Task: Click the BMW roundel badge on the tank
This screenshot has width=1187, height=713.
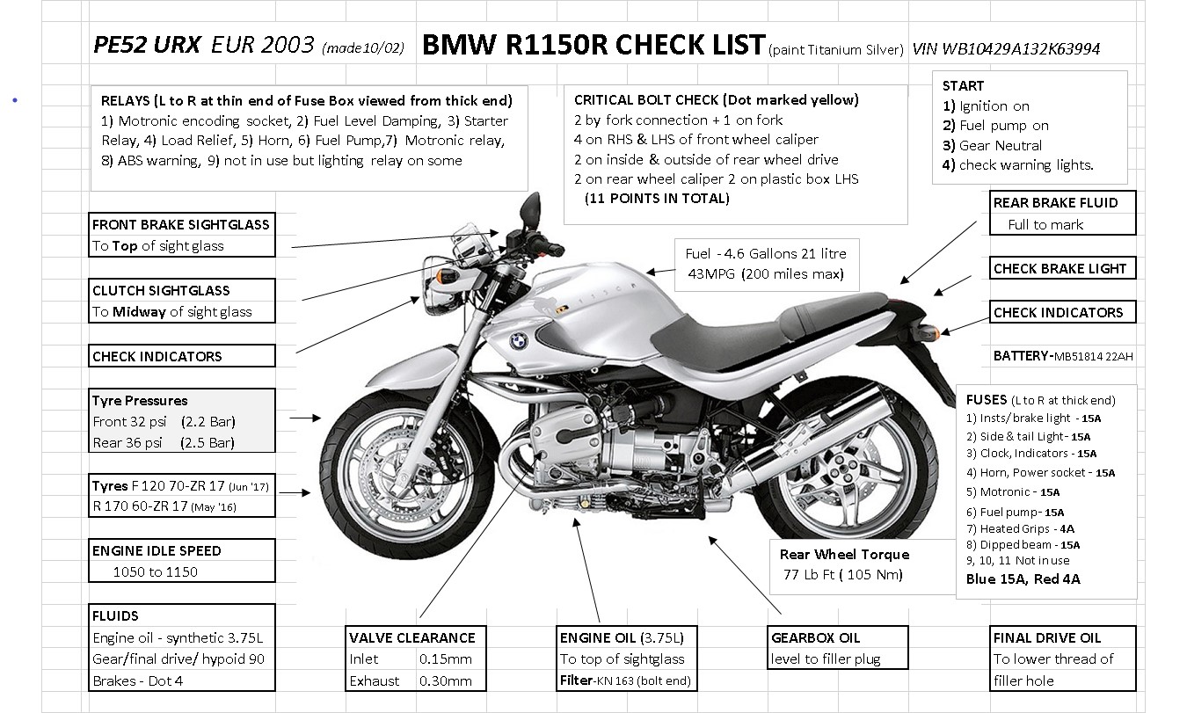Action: [519, 341]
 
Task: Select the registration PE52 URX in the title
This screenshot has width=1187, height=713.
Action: [147, 45]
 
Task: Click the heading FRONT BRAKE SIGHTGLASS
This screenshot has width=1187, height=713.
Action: [181, 224]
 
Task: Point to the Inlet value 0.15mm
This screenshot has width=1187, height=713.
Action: [445, 659]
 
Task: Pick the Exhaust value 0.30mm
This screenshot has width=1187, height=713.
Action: [445, 680]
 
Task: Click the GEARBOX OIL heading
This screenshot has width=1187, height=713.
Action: [816, 637]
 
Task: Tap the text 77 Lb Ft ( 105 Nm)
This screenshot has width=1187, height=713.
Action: [842, 575]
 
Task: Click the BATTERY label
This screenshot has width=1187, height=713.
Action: [1021, 356]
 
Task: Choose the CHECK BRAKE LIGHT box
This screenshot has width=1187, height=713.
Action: [1062, 268]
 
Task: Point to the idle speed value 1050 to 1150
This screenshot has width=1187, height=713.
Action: [156, 572]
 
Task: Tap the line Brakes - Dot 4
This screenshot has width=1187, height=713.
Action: [138, 680]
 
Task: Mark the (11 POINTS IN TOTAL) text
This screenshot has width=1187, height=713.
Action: [657, 199]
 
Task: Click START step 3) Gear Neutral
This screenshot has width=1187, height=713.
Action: [992, 146]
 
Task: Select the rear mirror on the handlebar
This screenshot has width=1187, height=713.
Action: [531, 209]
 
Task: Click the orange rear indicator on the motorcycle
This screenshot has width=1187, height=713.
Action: [932, 332]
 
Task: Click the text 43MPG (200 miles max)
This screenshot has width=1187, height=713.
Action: [766, 274]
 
